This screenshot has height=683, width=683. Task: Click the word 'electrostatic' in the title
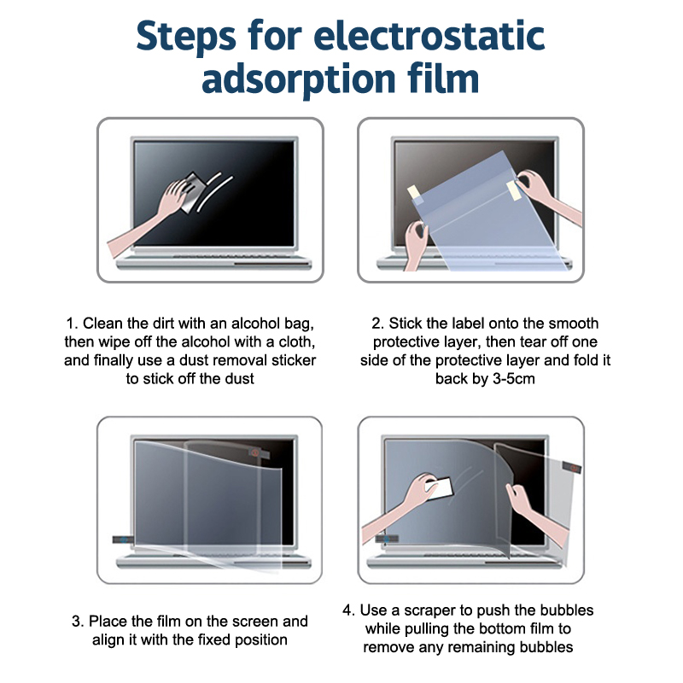[429, 36]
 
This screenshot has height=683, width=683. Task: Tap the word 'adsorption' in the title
[298, 79]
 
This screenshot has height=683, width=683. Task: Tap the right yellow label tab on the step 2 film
[514, 190]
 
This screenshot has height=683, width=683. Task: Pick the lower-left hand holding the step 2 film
[415, 244]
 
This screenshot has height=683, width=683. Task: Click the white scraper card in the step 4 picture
[439, 488]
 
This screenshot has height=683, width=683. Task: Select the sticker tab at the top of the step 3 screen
[259, 453]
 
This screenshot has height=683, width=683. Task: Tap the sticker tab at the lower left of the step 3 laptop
[123, 540]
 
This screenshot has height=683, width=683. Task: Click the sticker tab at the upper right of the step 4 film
[571, 467]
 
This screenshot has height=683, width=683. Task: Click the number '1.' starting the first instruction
[72, 324]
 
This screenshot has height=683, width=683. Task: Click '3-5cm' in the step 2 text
[514, 379]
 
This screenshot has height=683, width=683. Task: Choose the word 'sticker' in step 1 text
[294, 360]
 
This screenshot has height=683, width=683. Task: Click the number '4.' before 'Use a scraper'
[349, 610]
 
